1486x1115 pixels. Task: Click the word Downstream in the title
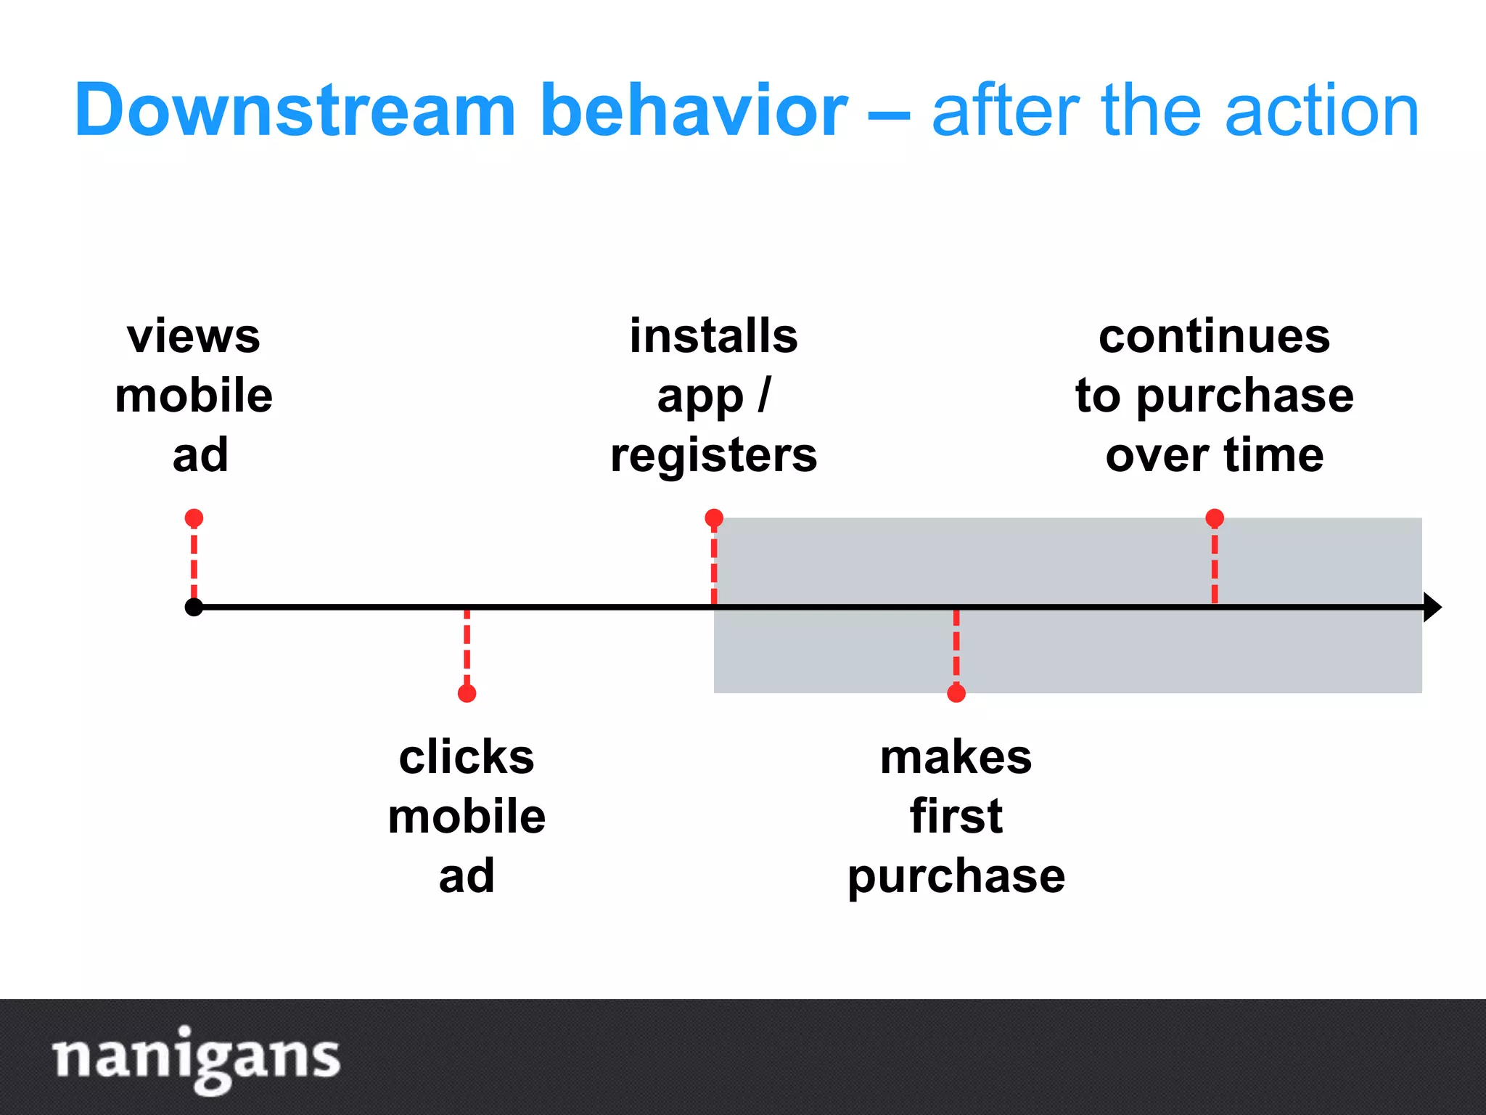[x=294, y=110]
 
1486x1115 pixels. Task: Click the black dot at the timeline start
[x=194, y=607]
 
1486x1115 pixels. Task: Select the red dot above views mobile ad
[x=194, y=518]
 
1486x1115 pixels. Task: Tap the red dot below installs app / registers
[x=714, y=518]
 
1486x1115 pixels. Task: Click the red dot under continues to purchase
[x=1215, y=518]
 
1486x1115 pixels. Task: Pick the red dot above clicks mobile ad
[x=467, y=693]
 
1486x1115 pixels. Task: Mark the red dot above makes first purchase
[x=956, y=693]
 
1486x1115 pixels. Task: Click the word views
[x=194, y=337]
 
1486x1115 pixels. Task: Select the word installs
[x=714, y=337]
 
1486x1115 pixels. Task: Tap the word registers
[x=714, y=456]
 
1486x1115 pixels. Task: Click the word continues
[x=1215, y=337]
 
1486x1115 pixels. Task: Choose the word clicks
[x=467, y=758]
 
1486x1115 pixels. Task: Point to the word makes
[x=956, y=758]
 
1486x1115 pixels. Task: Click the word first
[x=956, y=817]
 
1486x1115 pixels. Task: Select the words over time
[x=1215, y=456]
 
